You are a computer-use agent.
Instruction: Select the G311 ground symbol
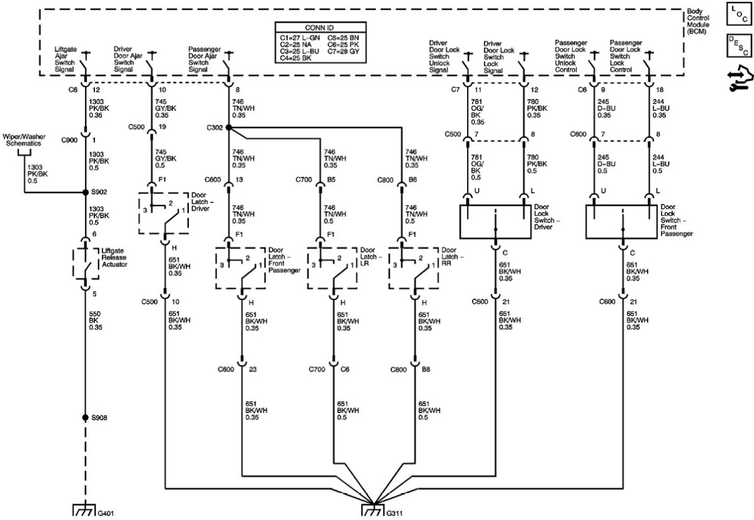coord(374,510)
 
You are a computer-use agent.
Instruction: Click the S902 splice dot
coord(86,192)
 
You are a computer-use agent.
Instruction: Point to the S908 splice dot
coord(86,418)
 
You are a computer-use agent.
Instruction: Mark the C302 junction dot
coord(228,128)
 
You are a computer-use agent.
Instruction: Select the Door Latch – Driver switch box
coord(164,213)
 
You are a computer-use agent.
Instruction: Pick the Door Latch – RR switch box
coord(414,268)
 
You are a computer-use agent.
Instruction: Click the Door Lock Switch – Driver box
coord(495,221)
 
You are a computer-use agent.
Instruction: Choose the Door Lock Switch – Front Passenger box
coord(621,221)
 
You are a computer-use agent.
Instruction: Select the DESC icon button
coord(739,45)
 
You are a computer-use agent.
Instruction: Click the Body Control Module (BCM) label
coord(697,22)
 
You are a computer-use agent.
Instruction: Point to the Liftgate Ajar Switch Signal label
coord(70,58)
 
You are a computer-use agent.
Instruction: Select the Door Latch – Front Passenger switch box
coord(241,268)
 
